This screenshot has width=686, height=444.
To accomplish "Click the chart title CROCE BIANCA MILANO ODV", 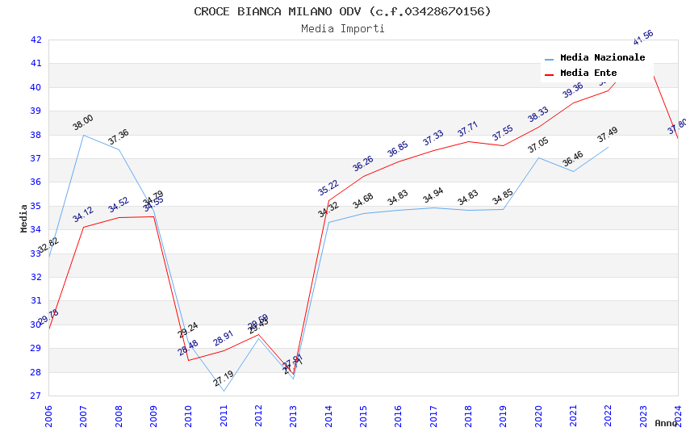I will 342,11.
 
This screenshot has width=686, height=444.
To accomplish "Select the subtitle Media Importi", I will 342,29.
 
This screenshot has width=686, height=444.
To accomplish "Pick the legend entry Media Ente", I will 588,73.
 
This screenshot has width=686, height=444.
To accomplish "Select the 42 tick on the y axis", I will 36,40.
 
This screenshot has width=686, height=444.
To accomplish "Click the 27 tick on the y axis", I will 36,396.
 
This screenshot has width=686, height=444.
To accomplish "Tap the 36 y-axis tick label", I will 36,182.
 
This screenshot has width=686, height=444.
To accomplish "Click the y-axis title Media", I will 24,218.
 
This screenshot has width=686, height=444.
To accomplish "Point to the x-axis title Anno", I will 666,423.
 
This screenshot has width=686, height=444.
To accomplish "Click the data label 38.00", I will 83,123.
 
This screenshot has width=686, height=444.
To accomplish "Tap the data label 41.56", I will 643,38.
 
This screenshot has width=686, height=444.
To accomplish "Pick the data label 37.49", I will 608,135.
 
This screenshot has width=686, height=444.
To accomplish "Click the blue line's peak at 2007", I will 83,135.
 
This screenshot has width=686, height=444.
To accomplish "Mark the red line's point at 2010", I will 188,360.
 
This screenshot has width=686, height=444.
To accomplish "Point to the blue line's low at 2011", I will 224,392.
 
